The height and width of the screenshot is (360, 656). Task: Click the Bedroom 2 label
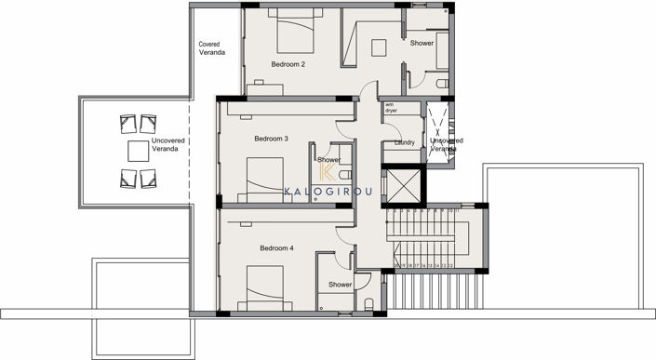coord(288,65)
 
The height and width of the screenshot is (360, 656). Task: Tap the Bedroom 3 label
coord(271,139)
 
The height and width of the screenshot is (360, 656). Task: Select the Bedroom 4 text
coord(276,248)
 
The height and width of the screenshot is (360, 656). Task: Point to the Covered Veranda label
coord(212,48)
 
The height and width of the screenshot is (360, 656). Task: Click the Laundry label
coord(404,142)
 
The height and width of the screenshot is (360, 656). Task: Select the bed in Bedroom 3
coord(264,177)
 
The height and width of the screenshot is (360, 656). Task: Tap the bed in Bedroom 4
coord(264,286)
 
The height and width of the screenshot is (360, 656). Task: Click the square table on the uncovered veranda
coord(138,150)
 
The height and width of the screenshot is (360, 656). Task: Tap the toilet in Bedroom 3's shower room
coord(343,175)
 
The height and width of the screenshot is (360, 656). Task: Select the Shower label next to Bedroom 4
coord(340,285)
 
